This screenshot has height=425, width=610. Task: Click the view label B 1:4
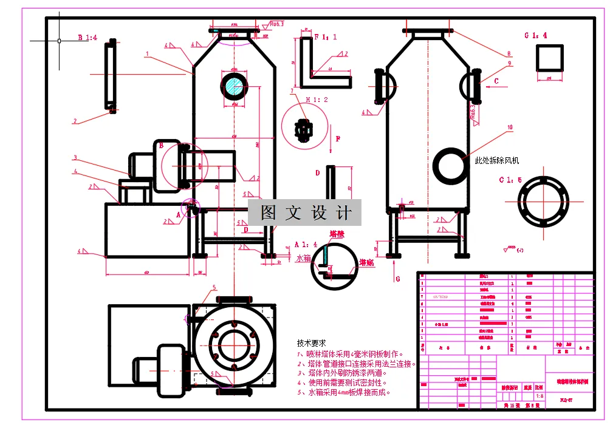(x=87, y=38)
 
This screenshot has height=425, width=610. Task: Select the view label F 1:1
(x=325, y=37)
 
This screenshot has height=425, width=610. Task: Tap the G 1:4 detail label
(x=535, y=35)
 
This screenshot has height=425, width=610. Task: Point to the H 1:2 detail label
(x=317, y=100)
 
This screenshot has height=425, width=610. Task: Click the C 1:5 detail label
(x=510, y=180)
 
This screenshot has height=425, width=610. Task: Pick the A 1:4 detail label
(x=306, y=244)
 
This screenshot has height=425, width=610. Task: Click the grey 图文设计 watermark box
(x=305, y=213)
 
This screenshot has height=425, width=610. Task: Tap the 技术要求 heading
(x=312, y=342)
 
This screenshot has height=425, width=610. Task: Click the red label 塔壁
(x=337, y=234)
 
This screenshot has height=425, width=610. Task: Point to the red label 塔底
(x=366, y=262)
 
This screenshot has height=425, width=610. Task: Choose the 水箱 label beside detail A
(x=303, y=258)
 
